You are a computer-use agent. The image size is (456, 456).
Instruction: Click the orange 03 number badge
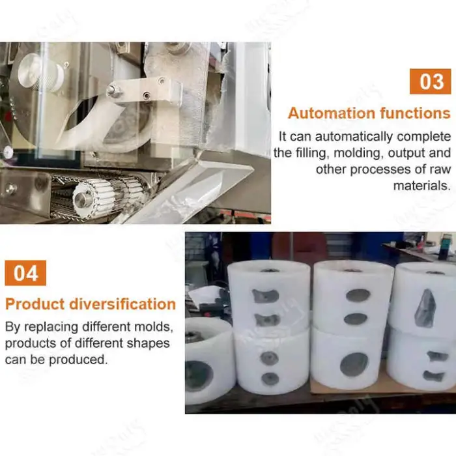tap(430, 81)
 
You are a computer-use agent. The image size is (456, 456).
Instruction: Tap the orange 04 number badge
tap(25, 273)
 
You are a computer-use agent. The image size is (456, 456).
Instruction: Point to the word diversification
tap(122, 304)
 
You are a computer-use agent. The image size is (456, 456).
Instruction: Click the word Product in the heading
tap(35, 304)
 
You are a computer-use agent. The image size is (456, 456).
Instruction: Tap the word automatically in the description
tap(354, 137)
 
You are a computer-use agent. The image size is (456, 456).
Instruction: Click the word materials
tap(422, 185)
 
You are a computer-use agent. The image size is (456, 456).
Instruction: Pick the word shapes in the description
tap(149, 343)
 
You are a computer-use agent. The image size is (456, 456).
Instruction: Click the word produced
tap(78, 360)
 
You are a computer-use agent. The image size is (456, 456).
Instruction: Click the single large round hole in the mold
tap(354, 365)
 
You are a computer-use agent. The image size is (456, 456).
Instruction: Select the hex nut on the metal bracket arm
tap(112, 91)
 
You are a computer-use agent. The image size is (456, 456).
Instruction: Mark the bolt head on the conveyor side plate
tap(11, 189)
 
